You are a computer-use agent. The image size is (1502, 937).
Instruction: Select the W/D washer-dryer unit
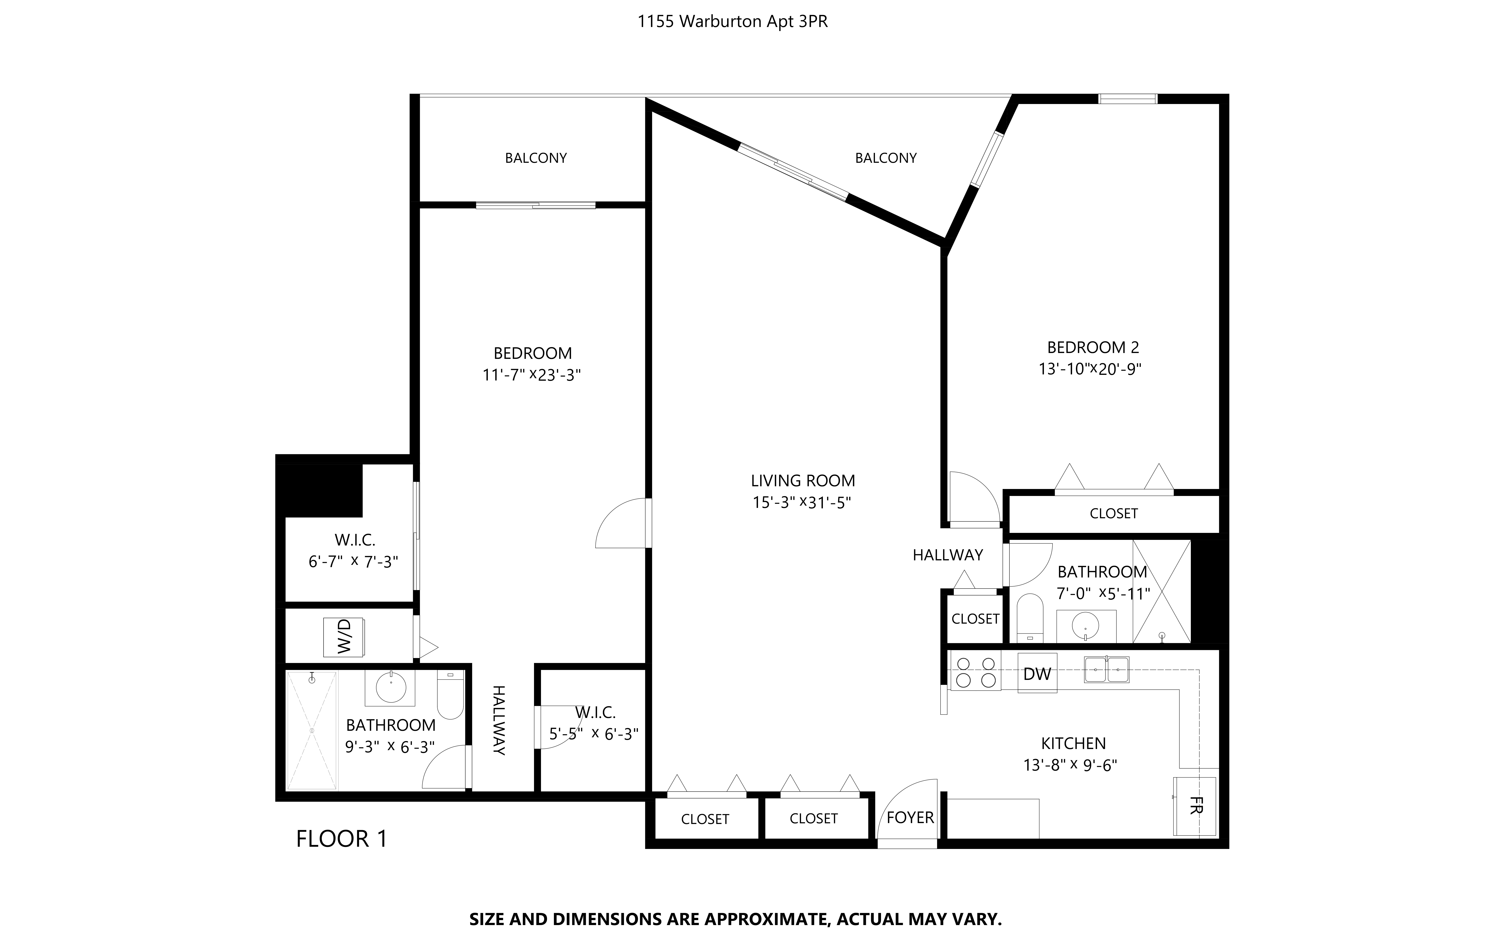[x=344, y=637]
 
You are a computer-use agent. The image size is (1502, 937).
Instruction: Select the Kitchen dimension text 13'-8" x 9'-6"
[x=1070, y=765]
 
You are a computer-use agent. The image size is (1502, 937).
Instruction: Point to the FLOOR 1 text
[x=342, y=839]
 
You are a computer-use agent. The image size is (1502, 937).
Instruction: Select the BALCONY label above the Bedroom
[x=536, y=158]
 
